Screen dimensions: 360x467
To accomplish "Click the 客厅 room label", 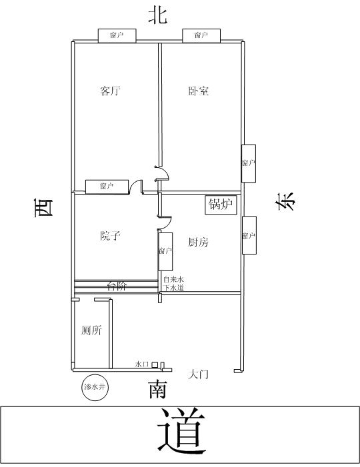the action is click(x=110, y=91).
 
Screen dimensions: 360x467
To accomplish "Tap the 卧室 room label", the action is click(x=198, y=91).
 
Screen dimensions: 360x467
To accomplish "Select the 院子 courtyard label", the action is click(x=110, y=236).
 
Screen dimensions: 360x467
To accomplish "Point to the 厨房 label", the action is click(x=198, y=242).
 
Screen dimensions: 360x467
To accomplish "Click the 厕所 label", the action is click(x=91, y=330).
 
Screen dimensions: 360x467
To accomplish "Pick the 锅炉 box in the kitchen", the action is click(x=221, y=205).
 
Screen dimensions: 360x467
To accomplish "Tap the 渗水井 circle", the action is click(x=95, y=387).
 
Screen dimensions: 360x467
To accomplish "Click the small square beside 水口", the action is click(x=155, y=364).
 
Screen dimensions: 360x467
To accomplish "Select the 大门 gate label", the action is click(x=198, y=374).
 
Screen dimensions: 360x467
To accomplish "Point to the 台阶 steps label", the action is click(x=117, y=286).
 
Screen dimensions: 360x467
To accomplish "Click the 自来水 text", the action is click(x=173, y=279).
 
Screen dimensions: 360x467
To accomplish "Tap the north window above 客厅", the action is click(x=117, y=35).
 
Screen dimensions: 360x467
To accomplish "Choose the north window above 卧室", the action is click(x=201, y=35).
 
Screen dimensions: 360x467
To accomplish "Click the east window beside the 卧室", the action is click(x=249, y=163).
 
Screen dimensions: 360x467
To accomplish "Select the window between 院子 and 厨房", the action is click(x=165, y=252).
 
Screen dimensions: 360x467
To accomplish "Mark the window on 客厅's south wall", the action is click(x=107, y=187).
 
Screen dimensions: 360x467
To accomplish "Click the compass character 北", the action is click(x=157, y=15).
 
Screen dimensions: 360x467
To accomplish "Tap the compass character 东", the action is click(x=285, y=202).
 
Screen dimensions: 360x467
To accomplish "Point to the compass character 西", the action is click(x=44, y=208).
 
